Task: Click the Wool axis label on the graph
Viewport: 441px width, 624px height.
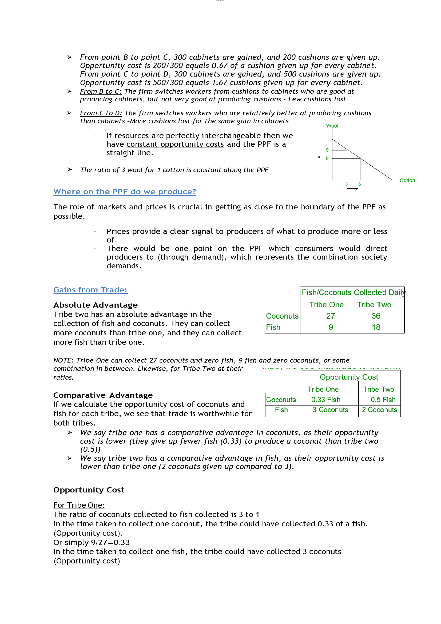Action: click(x=332, y=126)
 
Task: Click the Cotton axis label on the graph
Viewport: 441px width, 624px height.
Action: click(x=407, y=180)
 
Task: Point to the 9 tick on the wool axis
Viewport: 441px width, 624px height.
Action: click(x=327, y=150)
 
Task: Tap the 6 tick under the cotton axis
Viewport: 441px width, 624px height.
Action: click(x=359, y=184)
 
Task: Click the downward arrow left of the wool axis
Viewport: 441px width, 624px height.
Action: click(x=319, y=153)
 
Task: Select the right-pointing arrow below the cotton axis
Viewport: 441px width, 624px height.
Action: click(x=352, y=189)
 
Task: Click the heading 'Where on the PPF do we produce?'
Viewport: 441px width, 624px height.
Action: click(x=124, y=192)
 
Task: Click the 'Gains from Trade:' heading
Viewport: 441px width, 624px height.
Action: click(x=90, y=290)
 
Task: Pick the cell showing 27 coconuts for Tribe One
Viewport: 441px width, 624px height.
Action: click(x=330, y=316)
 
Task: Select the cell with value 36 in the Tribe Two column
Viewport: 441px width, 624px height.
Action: click(x=376, y=316)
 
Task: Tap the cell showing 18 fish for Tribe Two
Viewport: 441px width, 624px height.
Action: click(x=376, y=327)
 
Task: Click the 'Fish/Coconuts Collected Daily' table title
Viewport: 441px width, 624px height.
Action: click(x=353, y=292)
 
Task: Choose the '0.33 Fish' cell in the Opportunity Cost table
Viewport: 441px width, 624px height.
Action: click(x=326, y=400)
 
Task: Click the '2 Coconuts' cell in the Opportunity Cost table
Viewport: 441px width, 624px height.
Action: click(x=379, y=410)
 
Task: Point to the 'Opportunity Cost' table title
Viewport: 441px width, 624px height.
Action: click(x=349, y=377)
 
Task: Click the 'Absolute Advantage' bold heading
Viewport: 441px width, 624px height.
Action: click(x=95, y=305)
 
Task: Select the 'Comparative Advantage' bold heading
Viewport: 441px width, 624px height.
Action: click(x=103, y=395)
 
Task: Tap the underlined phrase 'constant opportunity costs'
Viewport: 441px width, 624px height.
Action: click(x=175, y=144)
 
